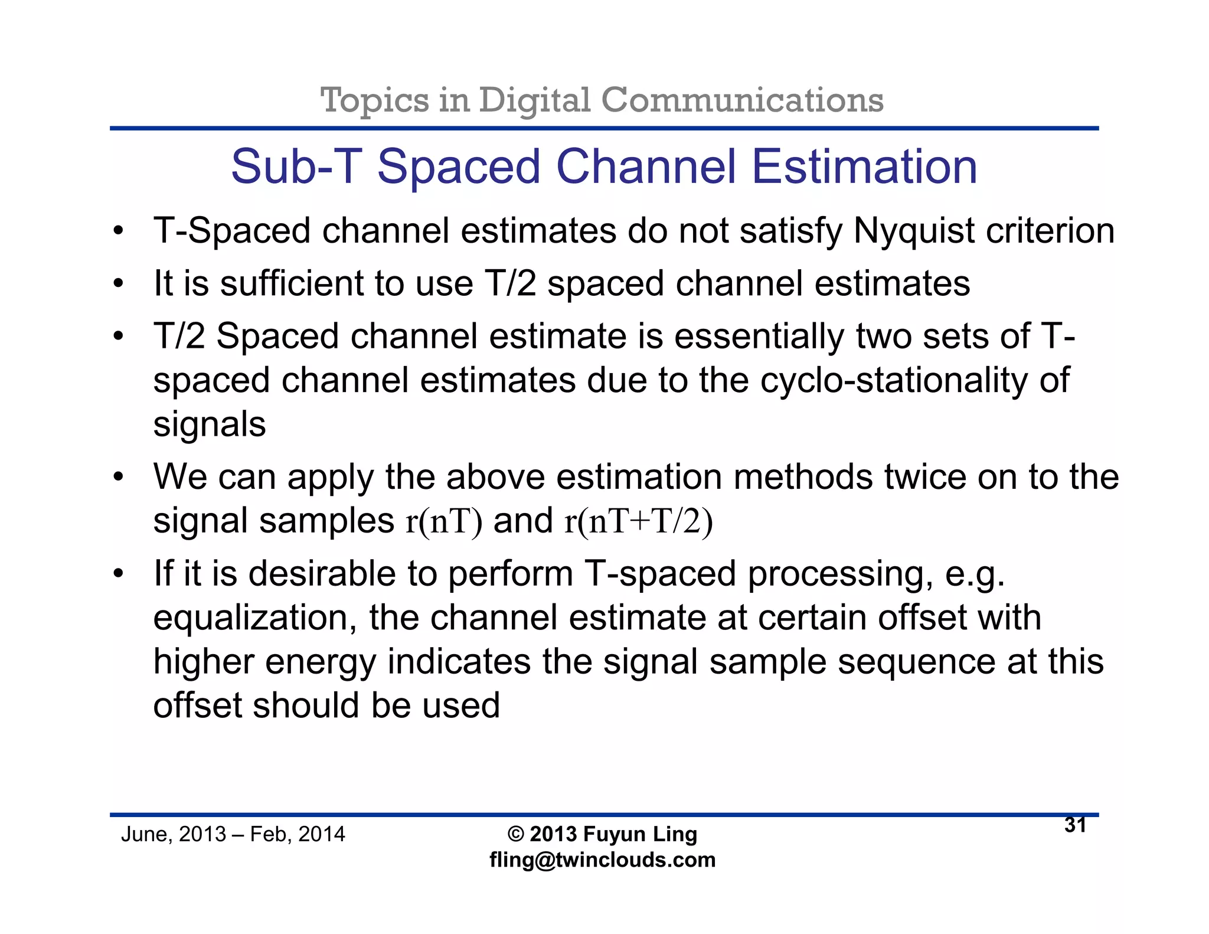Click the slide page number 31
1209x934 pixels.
tap(1076, 825)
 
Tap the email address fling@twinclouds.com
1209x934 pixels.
tap(602, 860)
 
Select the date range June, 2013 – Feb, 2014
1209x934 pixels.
tap(233, 834)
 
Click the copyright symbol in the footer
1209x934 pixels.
tap(515, 834)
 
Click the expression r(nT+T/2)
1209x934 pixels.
tap(639, 522)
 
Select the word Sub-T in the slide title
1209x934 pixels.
tap(296, 167)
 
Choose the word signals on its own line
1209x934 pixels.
tap(210, 424)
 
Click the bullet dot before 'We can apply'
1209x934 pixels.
tap(119, 476)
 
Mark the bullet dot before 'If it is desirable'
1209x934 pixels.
tap(119, 574)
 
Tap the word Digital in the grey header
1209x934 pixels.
tap(534, 100)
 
